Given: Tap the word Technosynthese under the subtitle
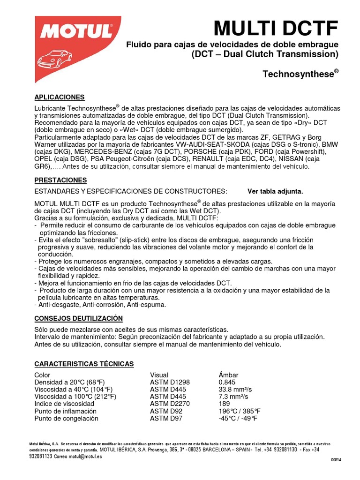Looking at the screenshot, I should (x=298, y=75).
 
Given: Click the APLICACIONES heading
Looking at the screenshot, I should (x=60, y=97).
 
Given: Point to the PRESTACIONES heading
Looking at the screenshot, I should (x=61, y=180).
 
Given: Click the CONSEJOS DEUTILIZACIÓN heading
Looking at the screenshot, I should (x=78, y=318).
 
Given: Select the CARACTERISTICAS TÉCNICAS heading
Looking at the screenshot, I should (x=84, y=364).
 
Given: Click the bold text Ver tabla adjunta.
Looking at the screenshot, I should (x=275, y=191).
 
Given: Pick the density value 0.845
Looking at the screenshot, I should (x=227, y=382).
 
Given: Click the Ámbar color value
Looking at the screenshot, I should (x=228, y=375).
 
